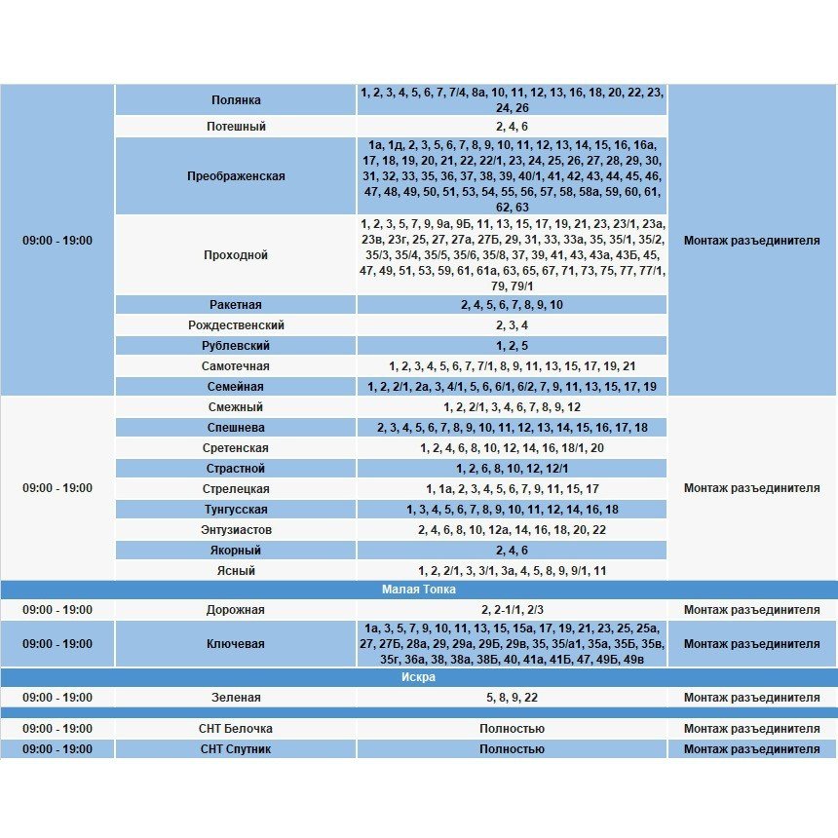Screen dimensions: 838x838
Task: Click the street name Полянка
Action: click(236, 100)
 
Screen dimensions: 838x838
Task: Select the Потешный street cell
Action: click(236, 127)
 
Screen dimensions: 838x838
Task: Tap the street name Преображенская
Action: click(236, 176)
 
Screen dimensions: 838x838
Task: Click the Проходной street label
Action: click(236, 255)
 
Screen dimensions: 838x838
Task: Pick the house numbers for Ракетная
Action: click(512, 305)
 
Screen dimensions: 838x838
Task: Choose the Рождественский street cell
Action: click(236, 325)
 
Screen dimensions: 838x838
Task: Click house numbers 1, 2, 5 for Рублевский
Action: click(512, 346)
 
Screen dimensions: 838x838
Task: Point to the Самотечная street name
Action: click(236, 366)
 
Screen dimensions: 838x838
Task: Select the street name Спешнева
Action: click(236, 428)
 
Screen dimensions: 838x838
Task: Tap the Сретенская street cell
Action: click(236, 448)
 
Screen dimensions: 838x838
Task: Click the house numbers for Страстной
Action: click(512, 469)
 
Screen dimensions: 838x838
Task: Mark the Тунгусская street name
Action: click(236, 510)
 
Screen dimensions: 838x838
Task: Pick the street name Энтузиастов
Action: click(236, 530)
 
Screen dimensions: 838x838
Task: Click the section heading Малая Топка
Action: click(418, 590)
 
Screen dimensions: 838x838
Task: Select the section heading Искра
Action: click(418, 677)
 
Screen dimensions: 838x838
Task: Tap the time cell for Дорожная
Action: click(57, 610)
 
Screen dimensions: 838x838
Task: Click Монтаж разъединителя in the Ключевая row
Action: click(751, 644)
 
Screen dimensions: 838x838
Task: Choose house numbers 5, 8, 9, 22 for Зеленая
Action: click(512, 698)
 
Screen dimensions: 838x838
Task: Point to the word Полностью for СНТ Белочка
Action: click(512, 729)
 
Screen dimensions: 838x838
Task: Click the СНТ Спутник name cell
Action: click(236, 749)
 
